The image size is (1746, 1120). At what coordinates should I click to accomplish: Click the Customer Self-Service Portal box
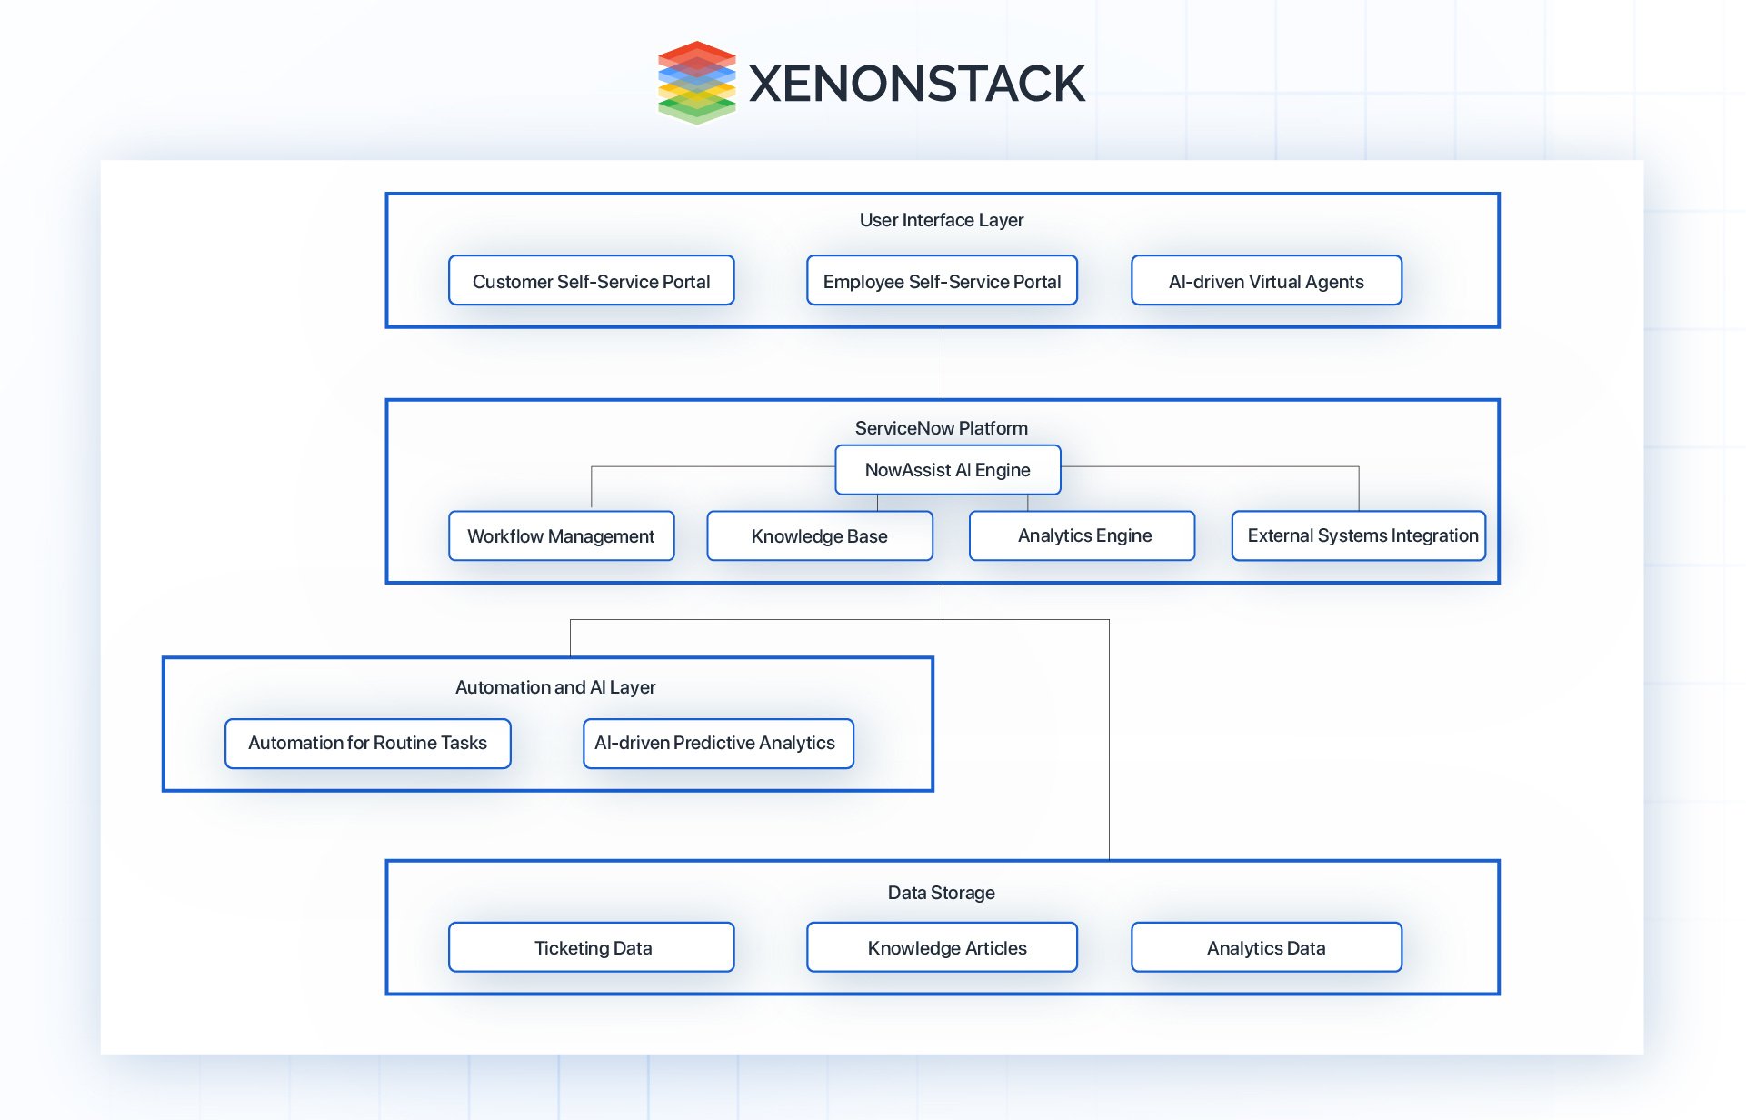pyautogui.click(x=591, y=281)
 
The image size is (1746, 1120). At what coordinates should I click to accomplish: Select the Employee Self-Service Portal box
pyautogui.click(x=942, y=281)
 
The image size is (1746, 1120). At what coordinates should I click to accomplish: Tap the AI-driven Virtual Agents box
pyautogui.click(x=1266, y=281)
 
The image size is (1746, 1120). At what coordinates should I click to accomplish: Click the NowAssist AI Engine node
pyautogui.click(x=947, y=470)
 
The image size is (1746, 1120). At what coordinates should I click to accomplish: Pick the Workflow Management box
pyautogui.click(x=561, y=536)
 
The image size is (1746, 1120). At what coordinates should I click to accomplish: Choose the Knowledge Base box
pyautogui.click(x=819, y=536)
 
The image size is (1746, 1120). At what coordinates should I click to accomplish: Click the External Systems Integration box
pyautogui.click(x=1358, y=536)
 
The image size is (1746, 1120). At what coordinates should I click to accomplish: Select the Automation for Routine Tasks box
pyautogui.click(x=367, y=744)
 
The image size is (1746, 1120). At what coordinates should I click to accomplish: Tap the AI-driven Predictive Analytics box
pyautogui.click(x=717, y=744)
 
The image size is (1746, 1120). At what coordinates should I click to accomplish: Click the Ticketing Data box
pyautogui.click(x=591, y=947)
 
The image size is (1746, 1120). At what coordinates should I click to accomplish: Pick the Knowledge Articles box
pyautogui.click(x=942, y=947)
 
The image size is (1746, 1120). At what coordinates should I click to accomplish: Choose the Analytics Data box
pyautogui.click(x=1266, y=947)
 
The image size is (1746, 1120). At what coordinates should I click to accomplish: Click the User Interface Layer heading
pyautogui.click(x=942, y=220)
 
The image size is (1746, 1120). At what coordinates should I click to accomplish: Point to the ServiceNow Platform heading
pyautogui.click(x=942, y=428)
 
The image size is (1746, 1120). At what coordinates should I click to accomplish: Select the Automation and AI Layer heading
pyautogui.click(x=554, y=687)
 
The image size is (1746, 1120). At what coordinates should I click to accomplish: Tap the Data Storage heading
pyautogui.click(x=942, y=893)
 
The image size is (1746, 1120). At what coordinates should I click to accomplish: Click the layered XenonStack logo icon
pyautogui.click(x=696, y=82)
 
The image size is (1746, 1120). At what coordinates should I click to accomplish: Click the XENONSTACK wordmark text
pyautogui.click(x=916, y=84)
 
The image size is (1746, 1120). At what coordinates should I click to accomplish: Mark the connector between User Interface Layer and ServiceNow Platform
pyautogui.click(x=943, y=364)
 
